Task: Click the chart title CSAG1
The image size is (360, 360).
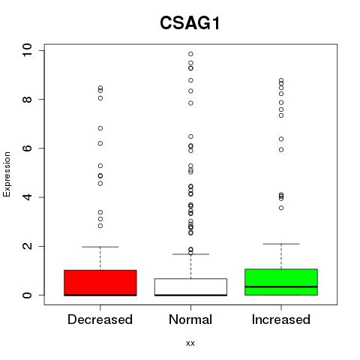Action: (x=190, y=23)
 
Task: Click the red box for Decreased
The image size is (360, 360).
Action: (x=100, y=283)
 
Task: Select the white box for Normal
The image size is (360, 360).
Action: (x=190, y=287)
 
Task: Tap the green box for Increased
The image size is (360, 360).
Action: (x=281, y=282)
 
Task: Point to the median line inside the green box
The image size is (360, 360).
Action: (x=281, y=286)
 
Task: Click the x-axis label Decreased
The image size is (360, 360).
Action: (x=100, y=319)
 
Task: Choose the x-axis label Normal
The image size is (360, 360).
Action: (x=190, y=319)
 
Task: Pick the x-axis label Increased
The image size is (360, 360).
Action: (x=281, y=319)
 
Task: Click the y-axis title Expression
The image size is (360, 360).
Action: (x=7, y=174)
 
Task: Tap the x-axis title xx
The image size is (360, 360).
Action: (x=190, y=343)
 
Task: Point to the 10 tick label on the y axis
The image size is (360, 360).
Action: (x=27, y=50)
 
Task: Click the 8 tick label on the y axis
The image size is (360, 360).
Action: (x=27, y=99)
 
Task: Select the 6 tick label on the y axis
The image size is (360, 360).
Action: (x=27, y=148)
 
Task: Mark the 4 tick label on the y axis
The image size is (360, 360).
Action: (x=27, y=197)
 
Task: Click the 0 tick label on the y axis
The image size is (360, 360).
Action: (x=27, y=295)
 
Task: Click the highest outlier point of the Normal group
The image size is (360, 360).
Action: (x=190, y=54)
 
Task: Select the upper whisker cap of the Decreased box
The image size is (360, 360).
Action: (x=100, y=247)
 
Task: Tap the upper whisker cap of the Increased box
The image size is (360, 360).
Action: (x=281, y=244)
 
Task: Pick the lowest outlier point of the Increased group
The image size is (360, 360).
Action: (x=281, y=208)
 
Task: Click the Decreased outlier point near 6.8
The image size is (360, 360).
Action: (x=100, y=128)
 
